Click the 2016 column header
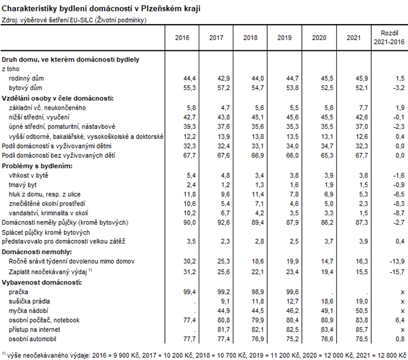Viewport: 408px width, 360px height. pyautogui.click(x=181, y=38)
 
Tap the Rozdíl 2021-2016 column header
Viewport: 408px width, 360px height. pyautogui.click(x=388, y=37)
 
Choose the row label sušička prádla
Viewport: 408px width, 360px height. pyautogui.click(x=32, y=300)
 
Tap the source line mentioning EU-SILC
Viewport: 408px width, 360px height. pyautogui.click(x=74, y=21)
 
